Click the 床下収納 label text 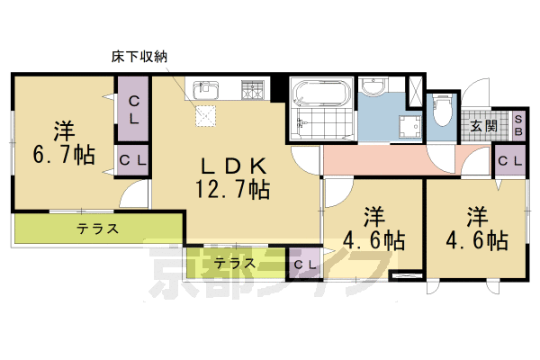139,57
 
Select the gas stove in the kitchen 253,89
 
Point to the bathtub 319,94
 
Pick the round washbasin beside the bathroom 371,86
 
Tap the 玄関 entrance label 483,126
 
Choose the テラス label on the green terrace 97,229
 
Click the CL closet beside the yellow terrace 303,265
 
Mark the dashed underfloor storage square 207,116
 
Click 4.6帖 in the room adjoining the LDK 373,240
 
